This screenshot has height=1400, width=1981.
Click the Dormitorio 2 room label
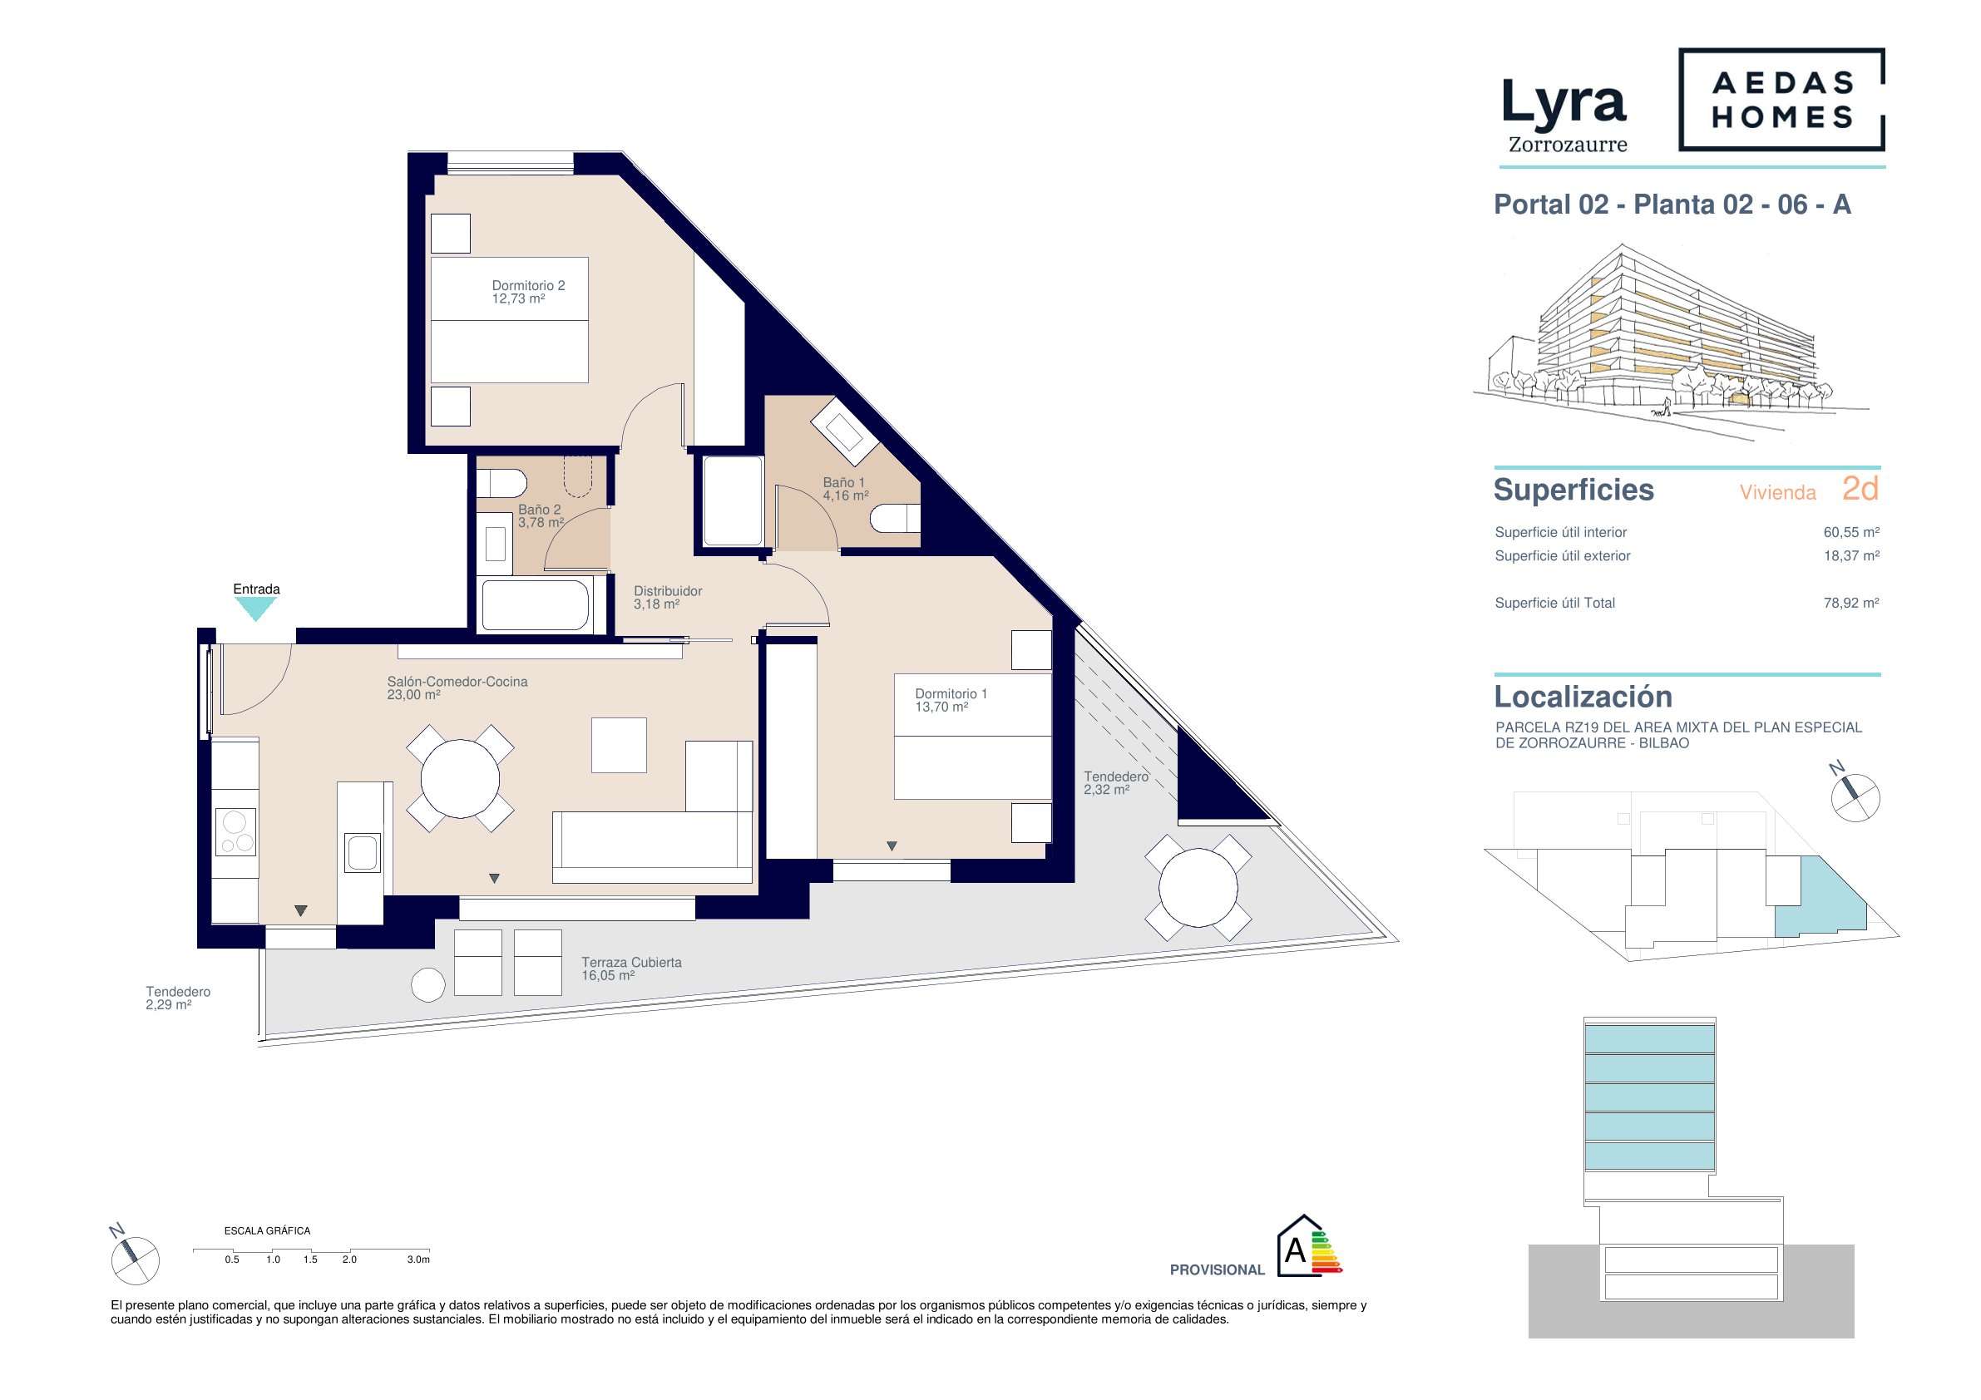[528, 292]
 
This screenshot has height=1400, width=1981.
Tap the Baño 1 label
[845, 488]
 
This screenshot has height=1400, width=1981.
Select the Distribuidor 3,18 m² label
[667, 597]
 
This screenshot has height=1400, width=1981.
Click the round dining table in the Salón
[460, 779]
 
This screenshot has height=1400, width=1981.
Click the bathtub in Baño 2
[536, 605]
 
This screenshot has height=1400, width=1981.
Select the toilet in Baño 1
[895, 520]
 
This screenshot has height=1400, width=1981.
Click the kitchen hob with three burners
[235, 831]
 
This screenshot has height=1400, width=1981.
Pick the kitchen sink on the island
[363, 851]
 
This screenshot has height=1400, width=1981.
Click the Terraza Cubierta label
[630, 968]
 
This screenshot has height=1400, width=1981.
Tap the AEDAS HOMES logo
[1781, 99]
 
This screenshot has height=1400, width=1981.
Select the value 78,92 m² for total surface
[1850, 603]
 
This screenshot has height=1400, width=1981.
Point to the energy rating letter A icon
[1309, 1245]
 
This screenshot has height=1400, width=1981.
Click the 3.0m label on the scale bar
[417, 1260]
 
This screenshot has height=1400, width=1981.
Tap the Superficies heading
[1573, 489]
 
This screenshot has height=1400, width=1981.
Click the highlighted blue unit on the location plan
[1818, 898]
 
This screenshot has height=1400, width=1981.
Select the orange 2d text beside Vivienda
[1860, 489]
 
